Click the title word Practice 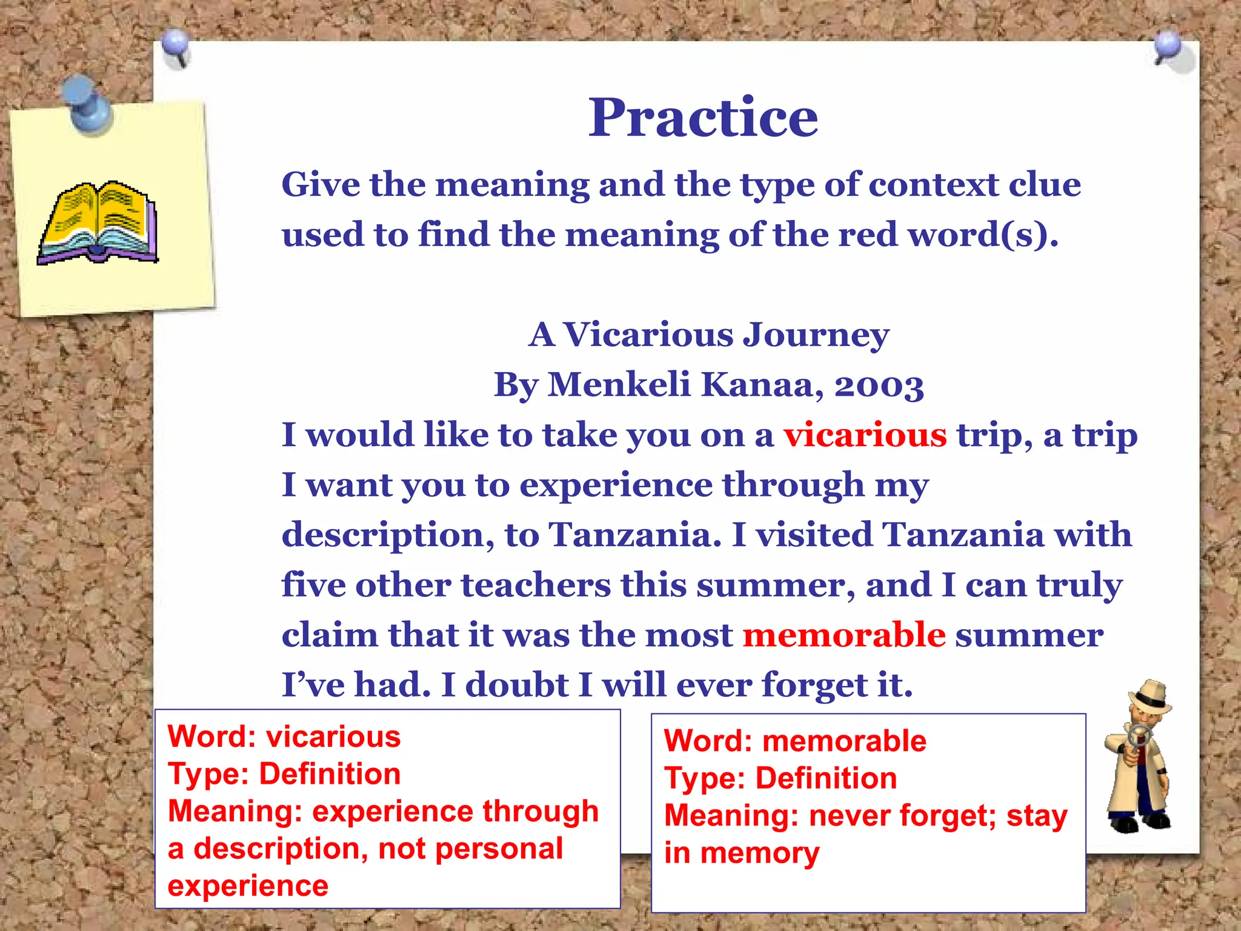[x=703, y=118]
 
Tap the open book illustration [x=98, y=223]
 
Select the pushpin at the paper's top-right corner [x=1168, y=47]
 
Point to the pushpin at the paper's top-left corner [x=176, y=45]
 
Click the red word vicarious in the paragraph [x=865, y=435]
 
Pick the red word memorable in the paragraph [x=844, y=635]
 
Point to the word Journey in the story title [x=816, y=335]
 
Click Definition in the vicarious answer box [x=330, y=774]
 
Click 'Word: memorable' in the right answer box [x=795, y=741]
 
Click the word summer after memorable [x=1029, y=635]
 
